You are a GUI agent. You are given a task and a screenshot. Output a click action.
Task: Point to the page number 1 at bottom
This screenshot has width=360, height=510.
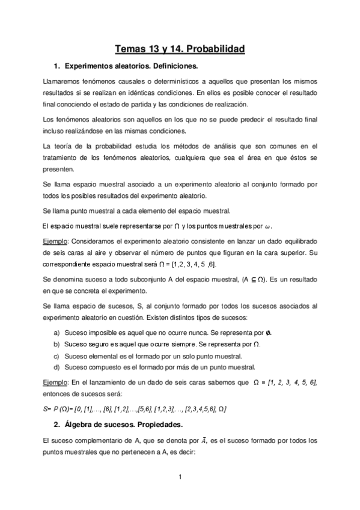point(180,478)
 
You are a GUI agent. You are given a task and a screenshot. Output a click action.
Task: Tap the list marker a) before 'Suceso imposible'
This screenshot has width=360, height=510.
point(56,333)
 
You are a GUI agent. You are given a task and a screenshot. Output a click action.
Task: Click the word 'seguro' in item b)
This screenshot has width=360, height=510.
point(100,345)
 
